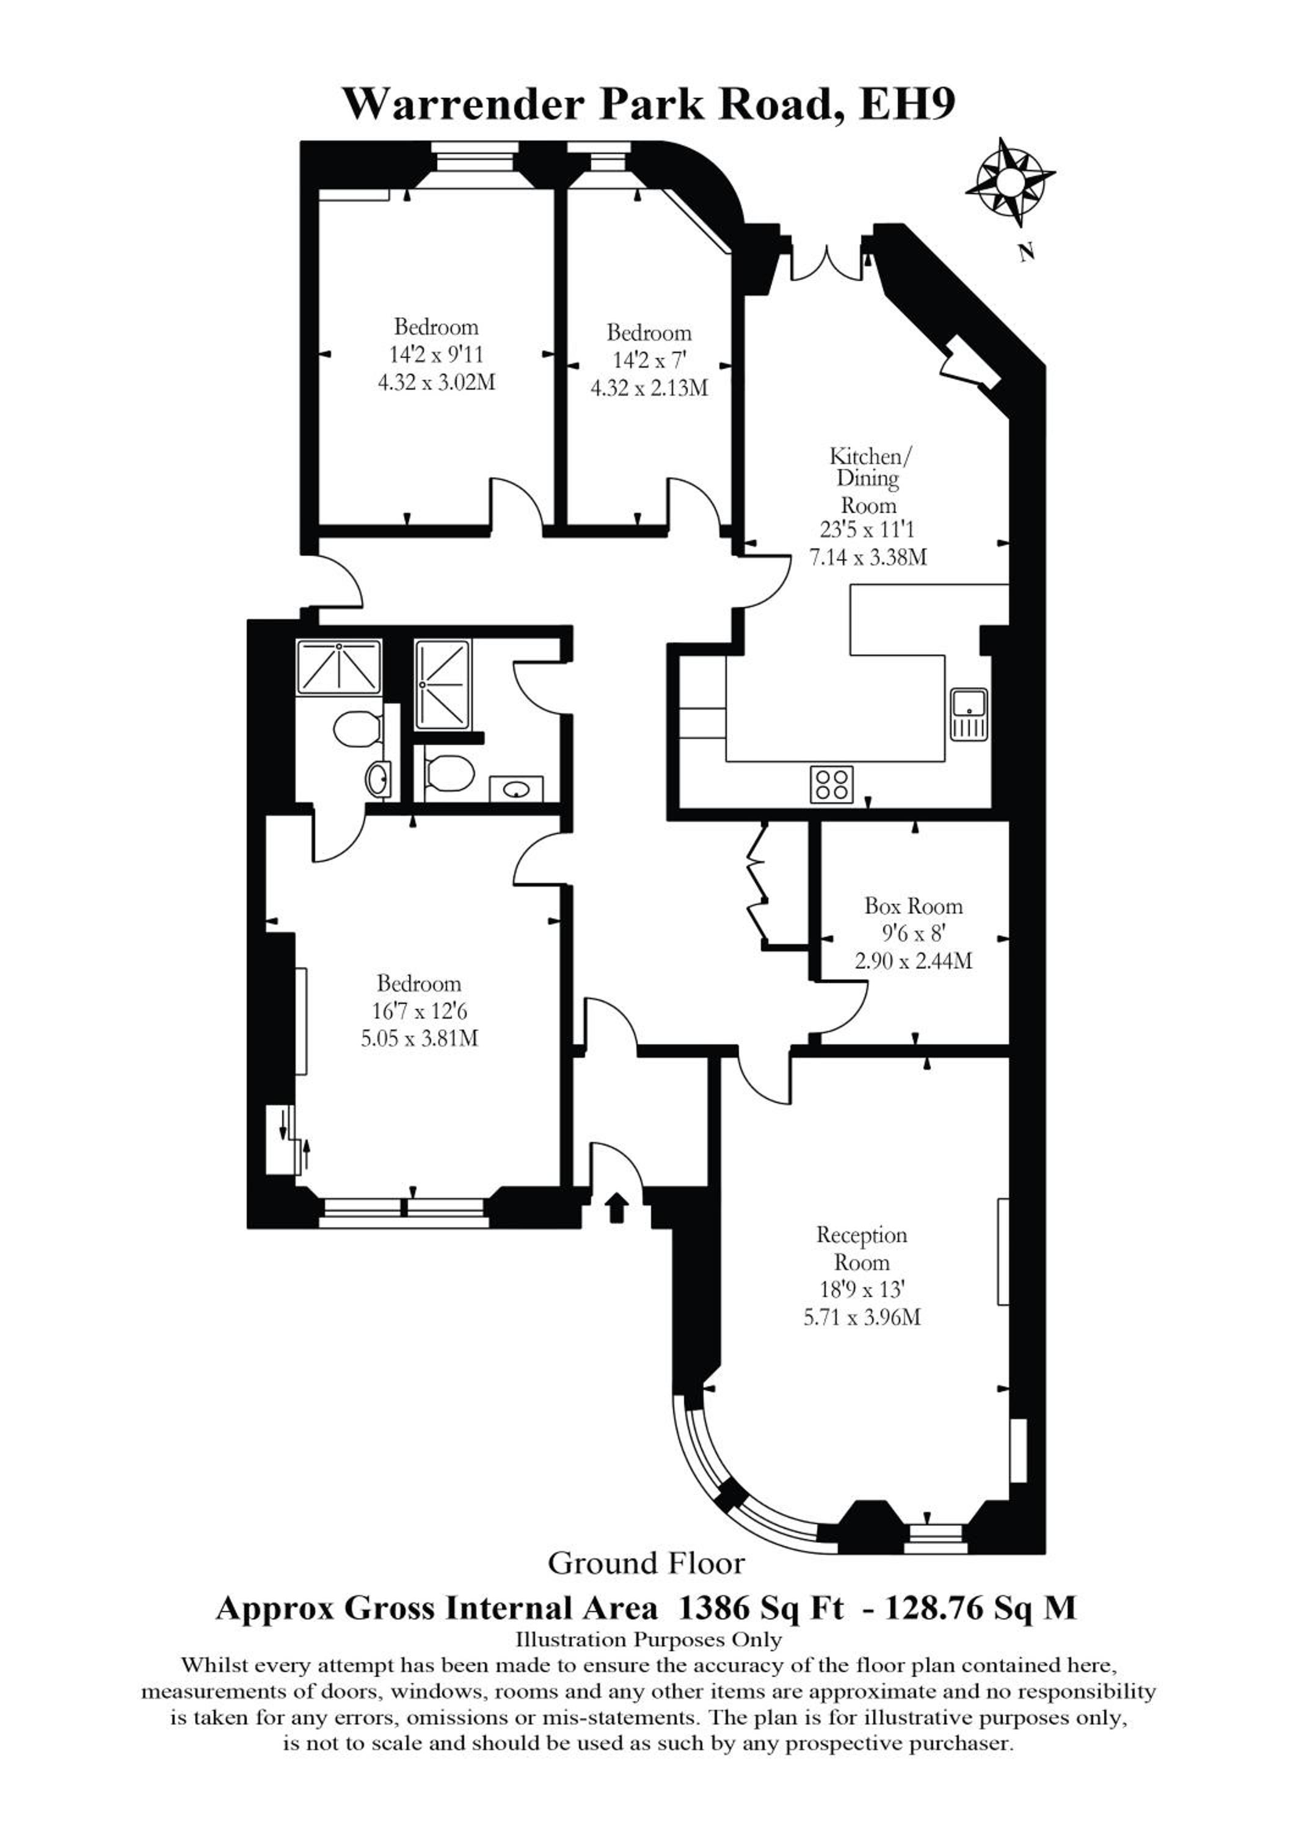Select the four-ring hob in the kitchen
(x=832, y=783)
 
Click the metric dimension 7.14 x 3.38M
(x=868, y=556)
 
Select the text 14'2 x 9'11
(x=437, y=354)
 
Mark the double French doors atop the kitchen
(x=828, y=260)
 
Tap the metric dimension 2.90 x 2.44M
(x=914, y=961)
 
